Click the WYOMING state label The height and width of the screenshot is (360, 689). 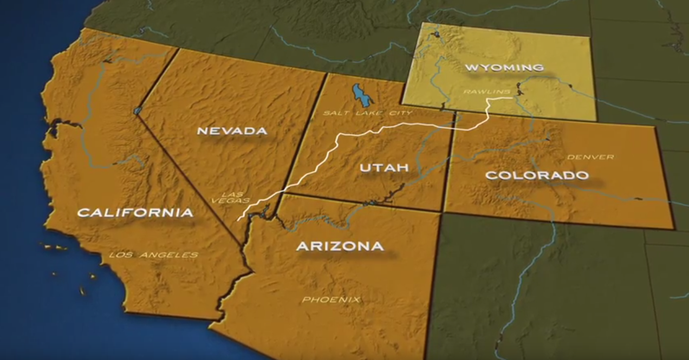pos(504,68)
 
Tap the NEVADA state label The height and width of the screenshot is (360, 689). pos(232,130)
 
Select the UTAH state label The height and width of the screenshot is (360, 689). pos(384,168)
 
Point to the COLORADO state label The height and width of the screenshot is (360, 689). pos(537,175)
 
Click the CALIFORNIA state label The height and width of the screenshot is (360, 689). pos(135,212)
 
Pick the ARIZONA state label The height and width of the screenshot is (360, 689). pos(340,246)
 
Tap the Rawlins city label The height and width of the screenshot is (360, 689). pos(479,91)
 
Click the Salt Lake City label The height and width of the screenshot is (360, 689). pos(367,113)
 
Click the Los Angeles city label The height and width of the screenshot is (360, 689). pos(153,254)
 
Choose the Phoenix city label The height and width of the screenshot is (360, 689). pos(331,299)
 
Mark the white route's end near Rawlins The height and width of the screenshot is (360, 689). pos(511,98)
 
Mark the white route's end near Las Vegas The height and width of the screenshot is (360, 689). pos(238,220)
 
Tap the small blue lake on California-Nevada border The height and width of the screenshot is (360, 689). pos(137,110)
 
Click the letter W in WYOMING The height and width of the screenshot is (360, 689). pos(471,68)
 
